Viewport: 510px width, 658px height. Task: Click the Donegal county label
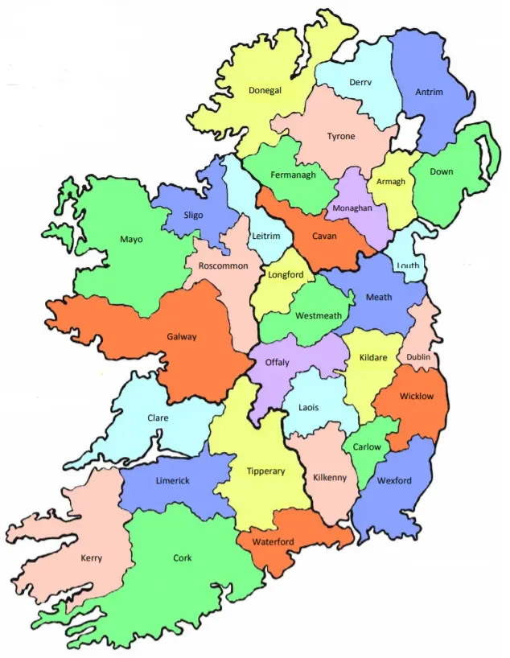pyautogui.click(x=265, y=91)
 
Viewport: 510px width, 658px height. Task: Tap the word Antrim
pyautogui.click(x=429, y=92)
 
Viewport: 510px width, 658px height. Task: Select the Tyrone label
pyautogui.click(x=340, y=136)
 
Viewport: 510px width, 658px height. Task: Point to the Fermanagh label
pyautogui.click(x=293, y=175)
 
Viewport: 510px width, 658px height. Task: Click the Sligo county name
pyautogui.click(x=193, y=216)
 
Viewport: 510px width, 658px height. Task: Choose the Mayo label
pyautogui.click(x=131, y=239)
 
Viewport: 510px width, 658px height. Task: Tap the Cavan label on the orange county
pyautogui.click(x=324, y=236)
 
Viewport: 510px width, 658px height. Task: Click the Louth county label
pyautogui.click(x=408, y=265)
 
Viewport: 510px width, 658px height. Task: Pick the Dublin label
pyautogui.click(x=417, y=356)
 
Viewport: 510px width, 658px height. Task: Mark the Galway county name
pyautogui.click(x=181, y=336)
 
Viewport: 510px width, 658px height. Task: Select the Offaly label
pyautogui.click(x=278, y=362)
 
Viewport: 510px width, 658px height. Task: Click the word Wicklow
pyautogui.click(x=417, y=396)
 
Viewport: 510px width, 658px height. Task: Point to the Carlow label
pyautogui.click(x=367, y=446)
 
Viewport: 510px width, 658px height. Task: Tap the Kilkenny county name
pyautogui.click(x=330, y=477)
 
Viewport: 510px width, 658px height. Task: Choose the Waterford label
pyautogui.click(x=274, y=541)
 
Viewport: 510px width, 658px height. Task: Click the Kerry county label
pyautogui.click(x=91, y=557)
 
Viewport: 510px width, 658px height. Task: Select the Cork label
pyautogui.click(x=183, y=557)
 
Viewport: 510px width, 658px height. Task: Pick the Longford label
pyautogui.click(x=286, y=275)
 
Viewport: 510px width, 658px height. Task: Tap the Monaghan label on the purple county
pyautogui.click(x=352, y=208)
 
